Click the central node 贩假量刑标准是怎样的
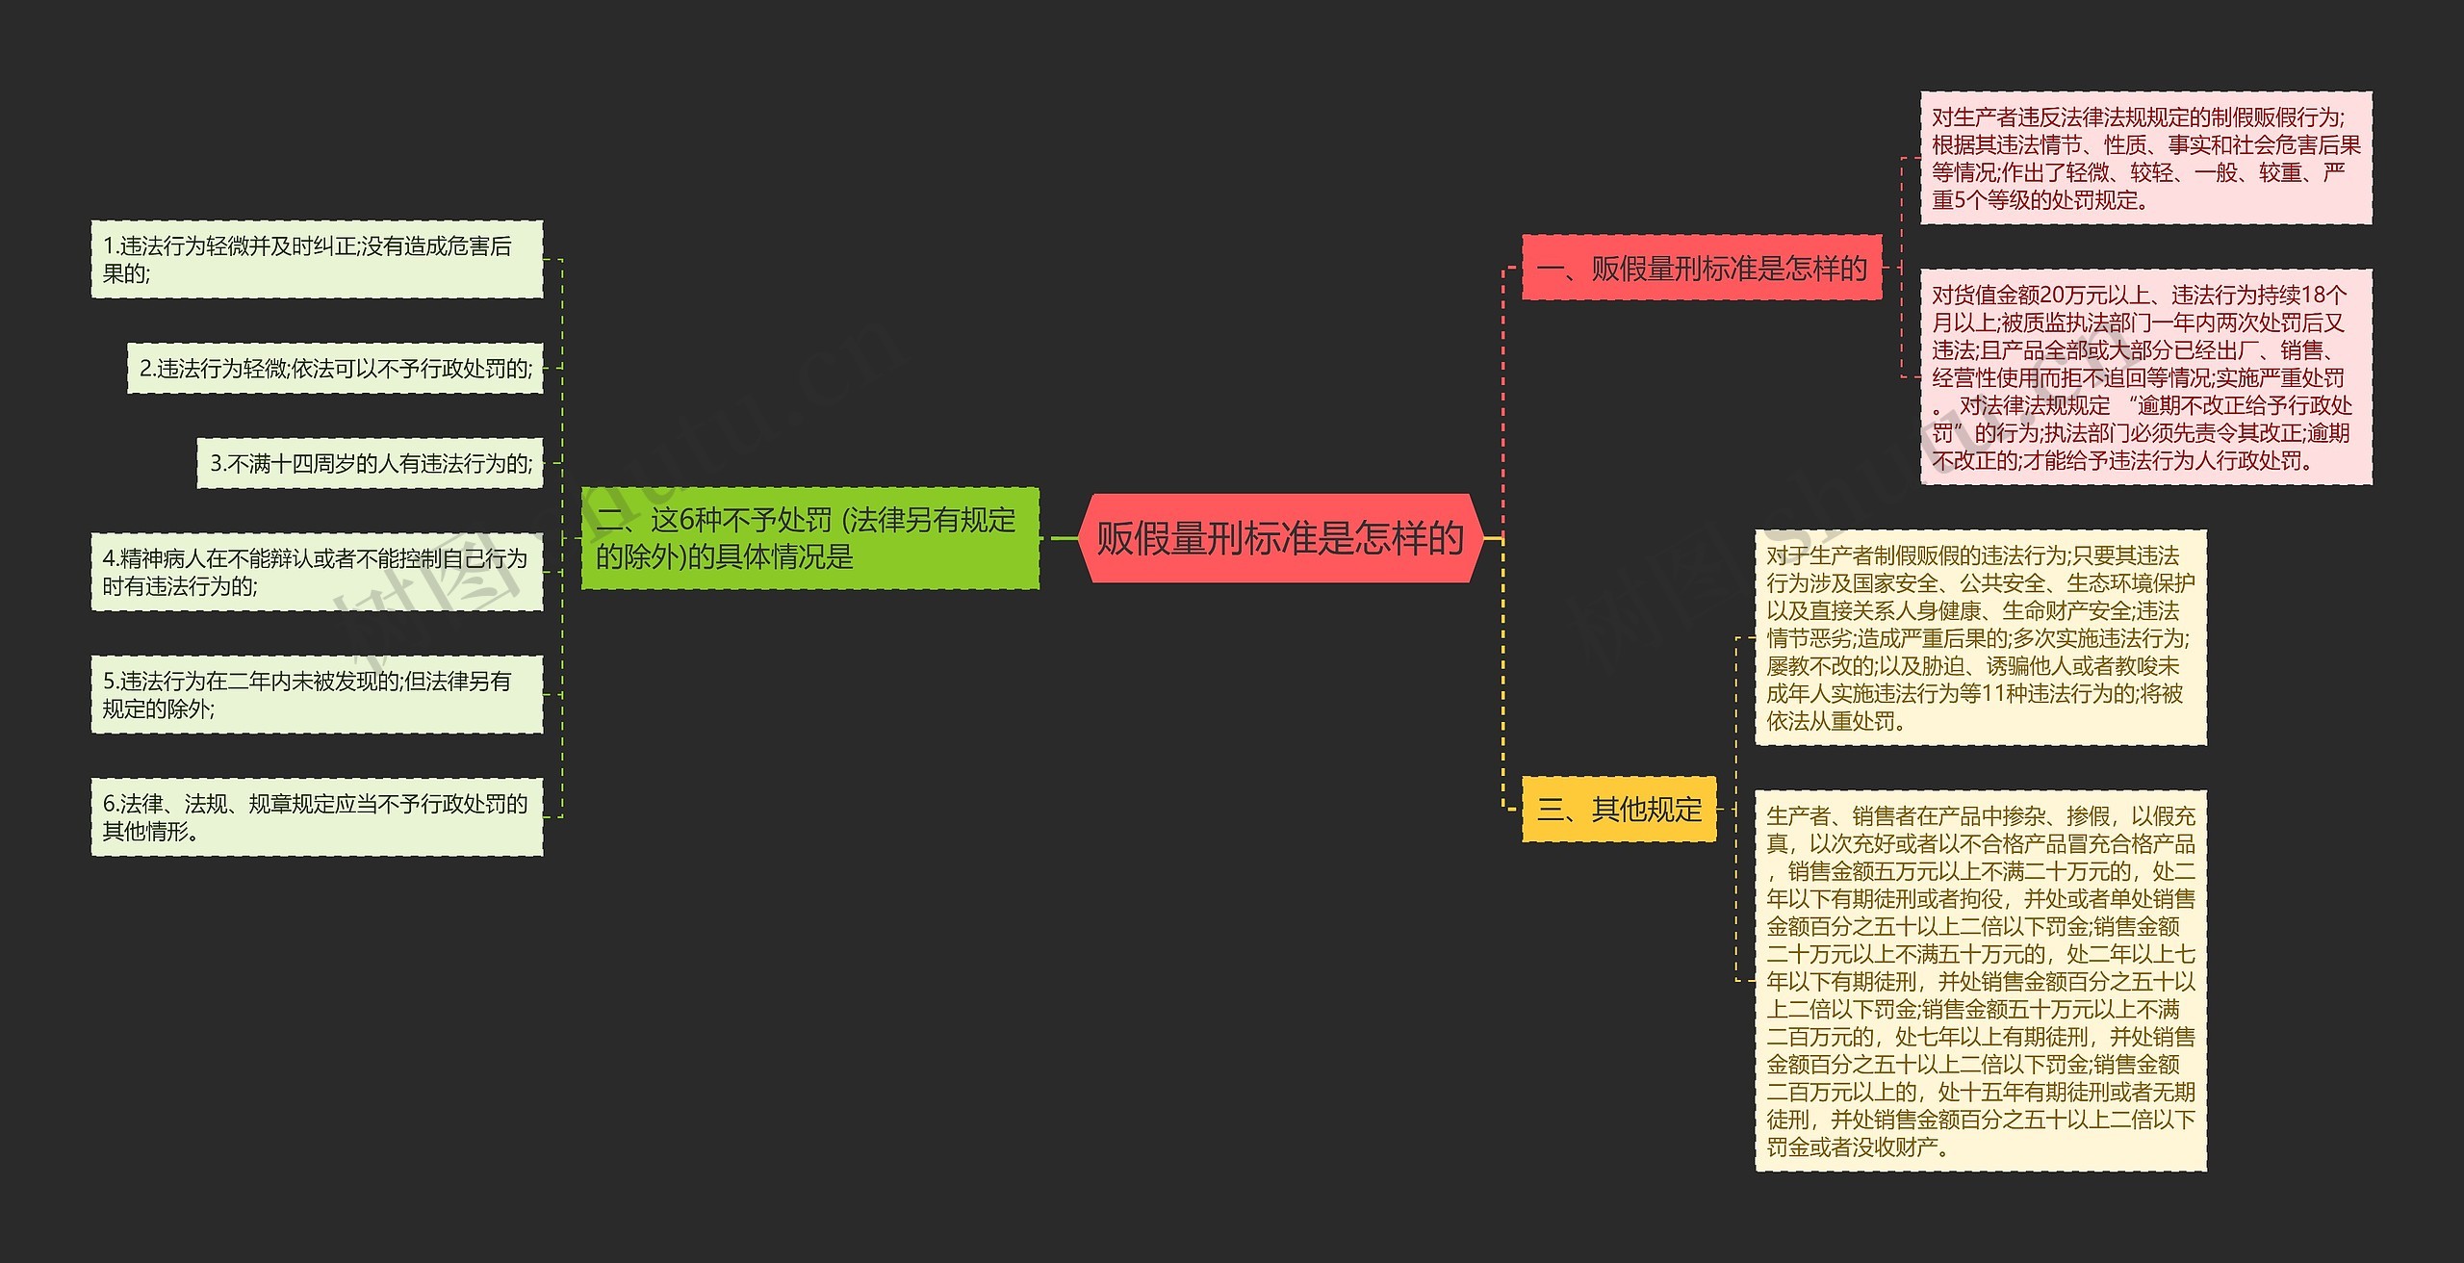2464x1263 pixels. [1279, 538]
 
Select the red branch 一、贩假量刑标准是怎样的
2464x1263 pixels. [1701, 268]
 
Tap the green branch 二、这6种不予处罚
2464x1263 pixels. [808, 538]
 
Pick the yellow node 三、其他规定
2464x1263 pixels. [1619, 810]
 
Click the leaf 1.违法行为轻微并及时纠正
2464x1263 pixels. [317, 259]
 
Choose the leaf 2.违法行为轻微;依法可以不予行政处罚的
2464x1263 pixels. [335, 369]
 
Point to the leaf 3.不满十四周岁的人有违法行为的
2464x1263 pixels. [371, 464]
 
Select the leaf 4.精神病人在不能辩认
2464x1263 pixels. [317, 572]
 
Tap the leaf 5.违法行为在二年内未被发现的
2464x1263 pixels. [317, 694]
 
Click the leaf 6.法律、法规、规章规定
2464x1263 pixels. [317, 817]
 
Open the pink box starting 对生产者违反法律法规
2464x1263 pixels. [2145, 159]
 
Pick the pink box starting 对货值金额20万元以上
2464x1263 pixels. [2145, 377]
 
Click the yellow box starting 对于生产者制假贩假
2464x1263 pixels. [1980, 637]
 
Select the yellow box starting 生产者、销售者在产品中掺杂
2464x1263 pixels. [1980, 981]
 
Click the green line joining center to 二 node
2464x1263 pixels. [1062, 538]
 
